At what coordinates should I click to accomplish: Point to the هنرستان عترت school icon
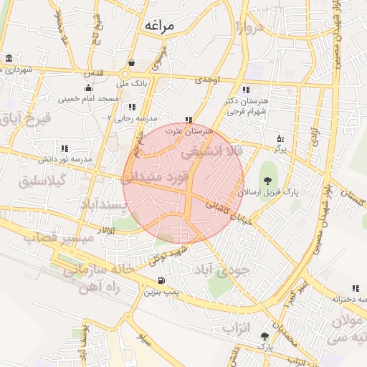click(x=189, y=120)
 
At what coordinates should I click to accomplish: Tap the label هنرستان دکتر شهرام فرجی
click(x=246, y=107)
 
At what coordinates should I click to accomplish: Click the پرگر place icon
click(x=280, y=138)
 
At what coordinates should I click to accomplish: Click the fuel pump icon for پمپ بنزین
click(x=161, y=280)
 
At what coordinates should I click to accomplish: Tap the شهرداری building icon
click(x=9, y=58)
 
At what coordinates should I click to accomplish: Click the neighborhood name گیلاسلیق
click(x=43, y=180)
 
